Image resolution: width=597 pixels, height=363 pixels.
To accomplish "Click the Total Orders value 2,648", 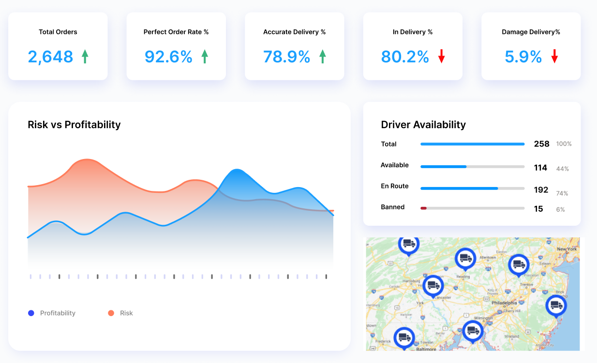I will click(x=50, y=57).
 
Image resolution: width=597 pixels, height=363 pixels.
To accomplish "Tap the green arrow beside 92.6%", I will click(x=205, y=57).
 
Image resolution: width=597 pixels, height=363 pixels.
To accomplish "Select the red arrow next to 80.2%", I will click(x=441, y=57).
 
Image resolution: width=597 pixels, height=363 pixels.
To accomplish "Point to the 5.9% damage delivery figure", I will click(x=523, y=57).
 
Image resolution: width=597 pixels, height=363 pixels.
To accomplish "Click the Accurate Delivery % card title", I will click(x=294, y=32).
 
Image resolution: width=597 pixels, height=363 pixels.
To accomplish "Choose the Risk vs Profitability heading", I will click(x=74, y=125).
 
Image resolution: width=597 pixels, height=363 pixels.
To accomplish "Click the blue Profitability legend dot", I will click(x=31, y=313).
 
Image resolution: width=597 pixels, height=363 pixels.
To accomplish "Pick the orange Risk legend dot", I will click(x=111, y=313).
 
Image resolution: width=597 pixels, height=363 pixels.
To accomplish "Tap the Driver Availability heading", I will click(x=423, y=125).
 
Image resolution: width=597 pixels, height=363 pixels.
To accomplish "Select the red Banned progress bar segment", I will click(x=423, y=208).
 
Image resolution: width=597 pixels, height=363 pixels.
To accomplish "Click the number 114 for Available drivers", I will click(x=540, y=168).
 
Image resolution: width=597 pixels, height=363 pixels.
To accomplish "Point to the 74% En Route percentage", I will click(x=562, y=193).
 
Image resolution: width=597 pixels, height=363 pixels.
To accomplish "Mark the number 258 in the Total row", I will click(x=541, y=144).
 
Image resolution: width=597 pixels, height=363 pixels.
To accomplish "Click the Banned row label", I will click(x=392, y=207).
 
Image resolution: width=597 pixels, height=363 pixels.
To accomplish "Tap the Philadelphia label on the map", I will click(x=504, y=303).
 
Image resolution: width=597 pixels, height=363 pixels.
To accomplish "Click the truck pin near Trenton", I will click(x=519, y=264).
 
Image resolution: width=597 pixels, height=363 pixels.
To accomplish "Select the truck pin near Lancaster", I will click(x=433, y=286).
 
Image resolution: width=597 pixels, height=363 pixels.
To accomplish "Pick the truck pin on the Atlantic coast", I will click(x=556, y=305).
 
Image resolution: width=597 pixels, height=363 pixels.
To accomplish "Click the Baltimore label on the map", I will click(x=426, y=348).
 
